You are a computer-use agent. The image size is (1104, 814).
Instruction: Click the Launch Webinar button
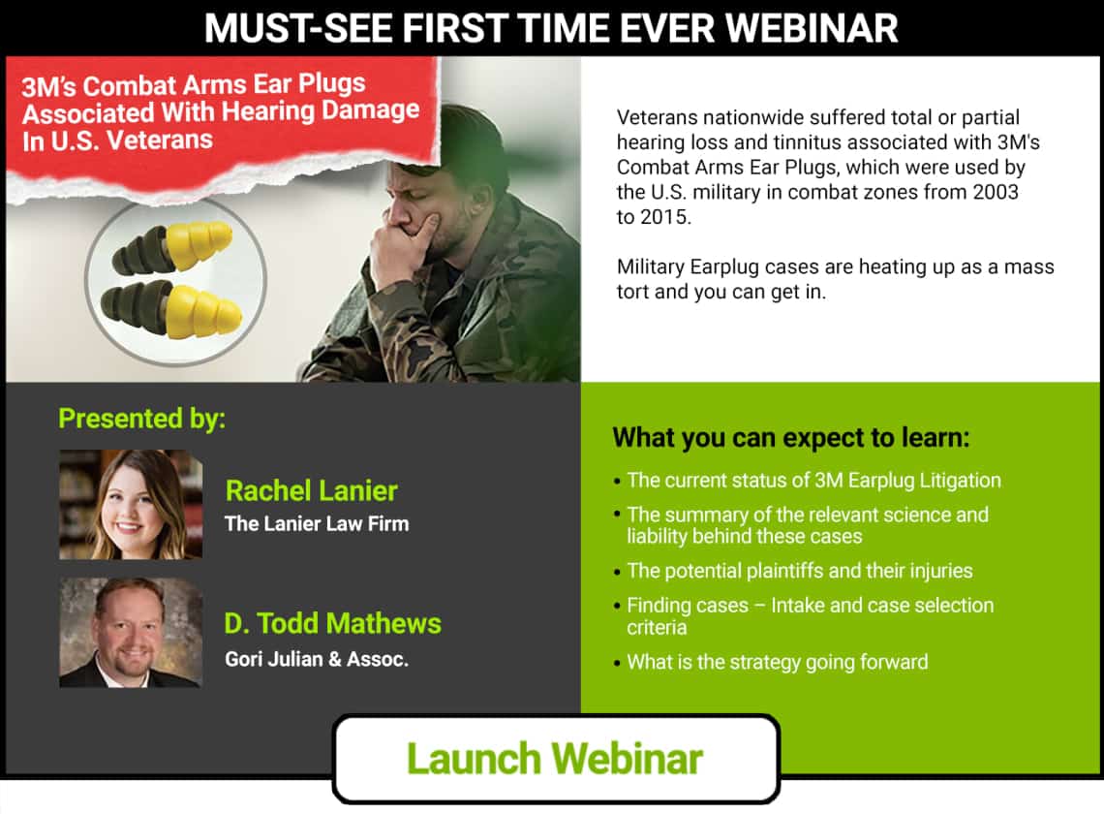556,759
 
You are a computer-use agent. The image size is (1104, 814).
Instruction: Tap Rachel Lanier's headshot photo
131,505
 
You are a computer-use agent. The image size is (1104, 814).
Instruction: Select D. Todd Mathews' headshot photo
131,632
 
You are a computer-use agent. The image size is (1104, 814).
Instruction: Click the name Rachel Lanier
311,490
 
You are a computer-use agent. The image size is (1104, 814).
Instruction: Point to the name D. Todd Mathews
332,623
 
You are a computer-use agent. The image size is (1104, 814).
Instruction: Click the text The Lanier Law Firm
317,523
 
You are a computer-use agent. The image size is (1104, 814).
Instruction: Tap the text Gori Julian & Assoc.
317,659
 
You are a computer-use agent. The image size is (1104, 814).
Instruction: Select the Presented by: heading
142,419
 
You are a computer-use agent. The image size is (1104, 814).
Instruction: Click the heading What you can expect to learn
790,438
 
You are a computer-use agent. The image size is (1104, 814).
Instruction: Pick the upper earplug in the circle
172,247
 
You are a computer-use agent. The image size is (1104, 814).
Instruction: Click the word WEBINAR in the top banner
812,28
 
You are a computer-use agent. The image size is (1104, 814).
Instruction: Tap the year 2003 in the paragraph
996,192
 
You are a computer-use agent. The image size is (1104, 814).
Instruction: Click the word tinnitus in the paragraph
804,142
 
